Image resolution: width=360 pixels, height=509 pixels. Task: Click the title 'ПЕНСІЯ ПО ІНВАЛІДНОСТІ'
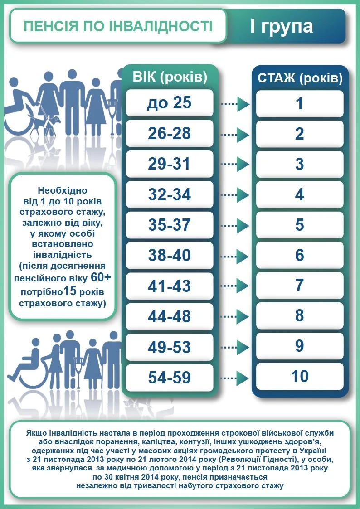[118, 26]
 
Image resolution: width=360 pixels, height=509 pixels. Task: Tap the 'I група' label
[281, 26]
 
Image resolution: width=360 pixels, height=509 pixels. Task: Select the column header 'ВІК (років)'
[170, 77]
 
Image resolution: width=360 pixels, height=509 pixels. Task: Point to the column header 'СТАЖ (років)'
[300, 78]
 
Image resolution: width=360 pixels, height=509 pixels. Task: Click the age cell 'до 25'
[169, 103]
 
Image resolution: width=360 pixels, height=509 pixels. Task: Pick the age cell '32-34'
[169, 195]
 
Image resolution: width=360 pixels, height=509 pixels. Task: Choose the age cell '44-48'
[169, 316]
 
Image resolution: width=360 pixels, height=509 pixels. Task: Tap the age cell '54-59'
[169, 378]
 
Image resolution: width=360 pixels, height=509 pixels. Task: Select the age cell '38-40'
[169, 256]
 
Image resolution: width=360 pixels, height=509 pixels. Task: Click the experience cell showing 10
[300, 376]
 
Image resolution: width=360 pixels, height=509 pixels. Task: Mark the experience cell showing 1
[300, 104]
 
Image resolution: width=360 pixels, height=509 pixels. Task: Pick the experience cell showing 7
[300, 286]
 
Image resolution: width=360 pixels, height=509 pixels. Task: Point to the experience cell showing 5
[300, 225]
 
